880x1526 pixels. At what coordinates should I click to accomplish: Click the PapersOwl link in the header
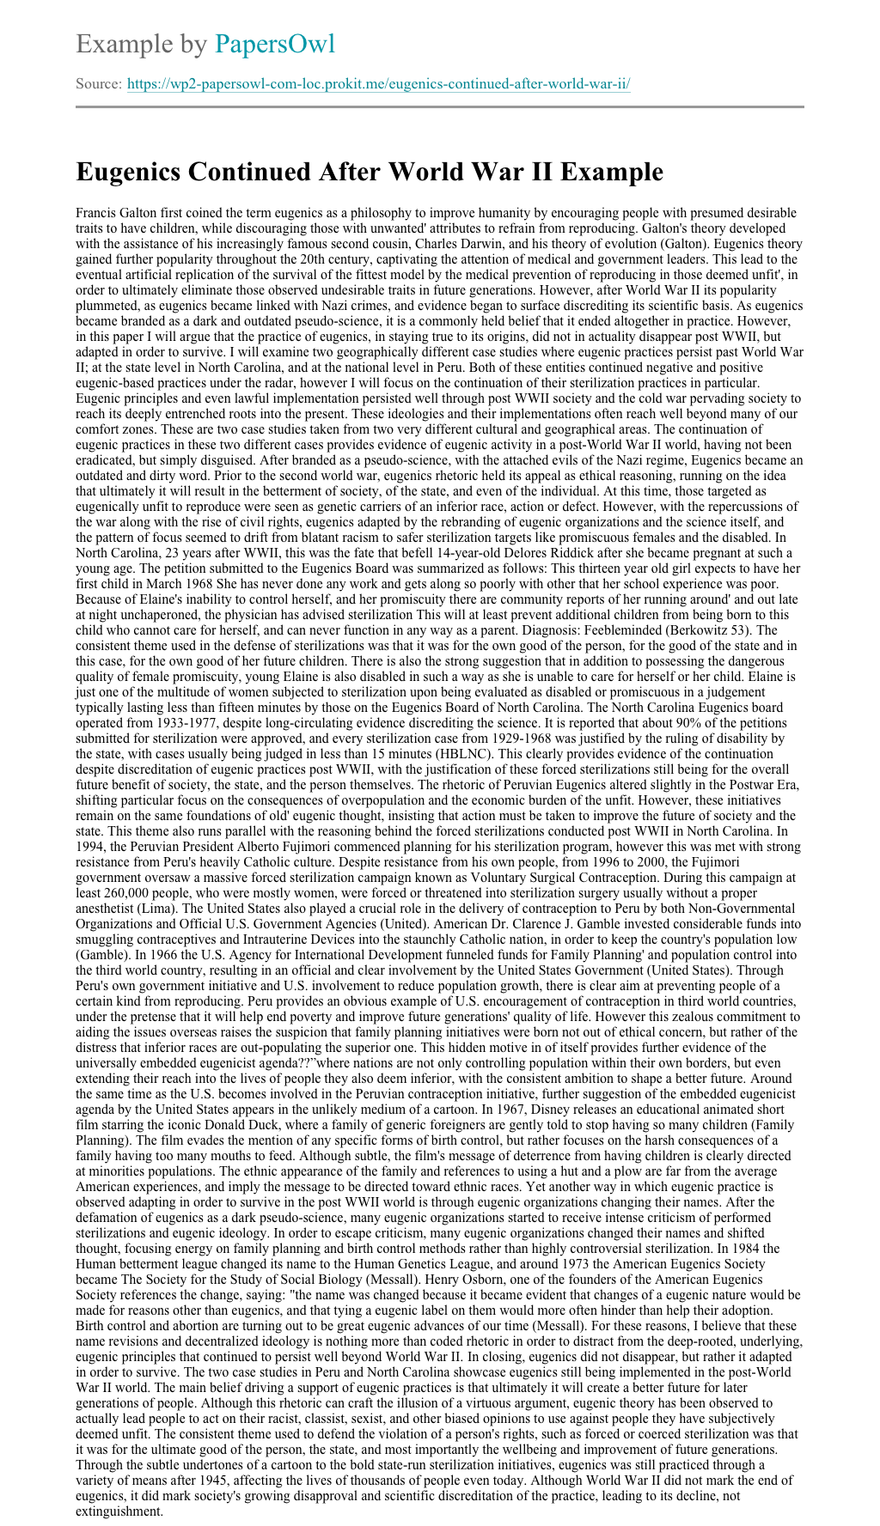[x=275, y=44]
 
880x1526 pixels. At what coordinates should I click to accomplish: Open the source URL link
[x=379, y=84]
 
